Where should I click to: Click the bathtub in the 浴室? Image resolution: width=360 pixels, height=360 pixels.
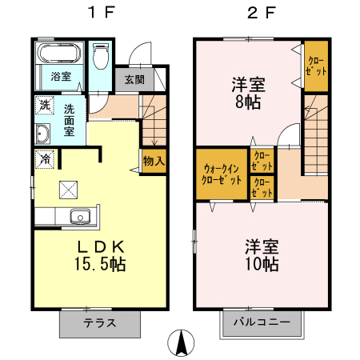coord(60,54)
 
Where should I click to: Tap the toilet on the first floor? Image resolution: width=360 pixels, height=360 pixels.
coord(102,56)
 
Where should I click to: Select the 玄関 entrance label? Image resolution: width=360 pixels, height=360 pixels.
coord(134,79)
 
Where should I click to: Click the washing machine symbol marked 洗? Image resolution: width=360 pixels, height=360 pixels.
coord(45,106)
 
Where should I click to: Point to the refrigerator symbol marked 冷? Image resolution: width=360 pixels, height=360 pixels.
coord(45,159)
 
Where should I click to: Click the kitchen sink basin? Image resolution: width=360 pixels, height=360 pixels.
coord(80,217)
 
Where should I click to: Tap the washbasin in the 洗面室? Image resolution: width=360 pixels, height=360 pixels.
coord(42,134)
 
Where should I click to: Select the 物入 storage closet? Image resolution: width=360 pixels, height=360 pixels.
coord(154,161)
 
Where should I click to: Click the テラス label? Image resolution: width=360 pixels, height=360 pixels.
coord(100,323)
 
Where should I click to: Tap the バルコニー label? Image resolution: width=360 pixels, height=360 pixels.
coord(262,322)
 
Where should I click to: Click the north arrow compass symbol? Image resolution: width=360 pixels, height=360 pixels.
coord(181,342)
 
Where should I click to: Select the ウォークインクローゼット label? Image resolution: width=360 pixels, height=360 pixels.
coord(222,174)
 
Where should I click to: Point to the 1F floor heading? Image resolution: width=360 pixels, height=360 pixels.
coord(102,12)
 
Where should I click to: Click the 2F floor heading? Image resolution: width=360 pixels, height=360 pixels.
coord(262,12)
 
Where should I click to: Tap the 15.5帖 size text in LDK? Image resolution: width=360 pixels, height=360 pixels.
coord(100,264)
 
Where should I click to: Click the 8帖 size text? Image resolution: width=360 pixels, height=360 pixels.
coord(248,102)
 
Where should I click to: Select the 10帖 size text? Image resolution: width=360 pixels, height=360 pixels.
coord(262,264)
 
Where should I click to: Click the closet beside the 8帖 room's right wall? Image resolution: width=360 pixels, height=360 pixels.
coord(316,66)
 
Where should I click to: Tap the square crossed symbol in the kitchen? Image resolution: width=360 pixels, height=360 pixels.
coord(69,190)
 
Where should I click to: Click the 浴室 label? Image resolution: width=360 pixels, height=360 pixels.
coord(61,77)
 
